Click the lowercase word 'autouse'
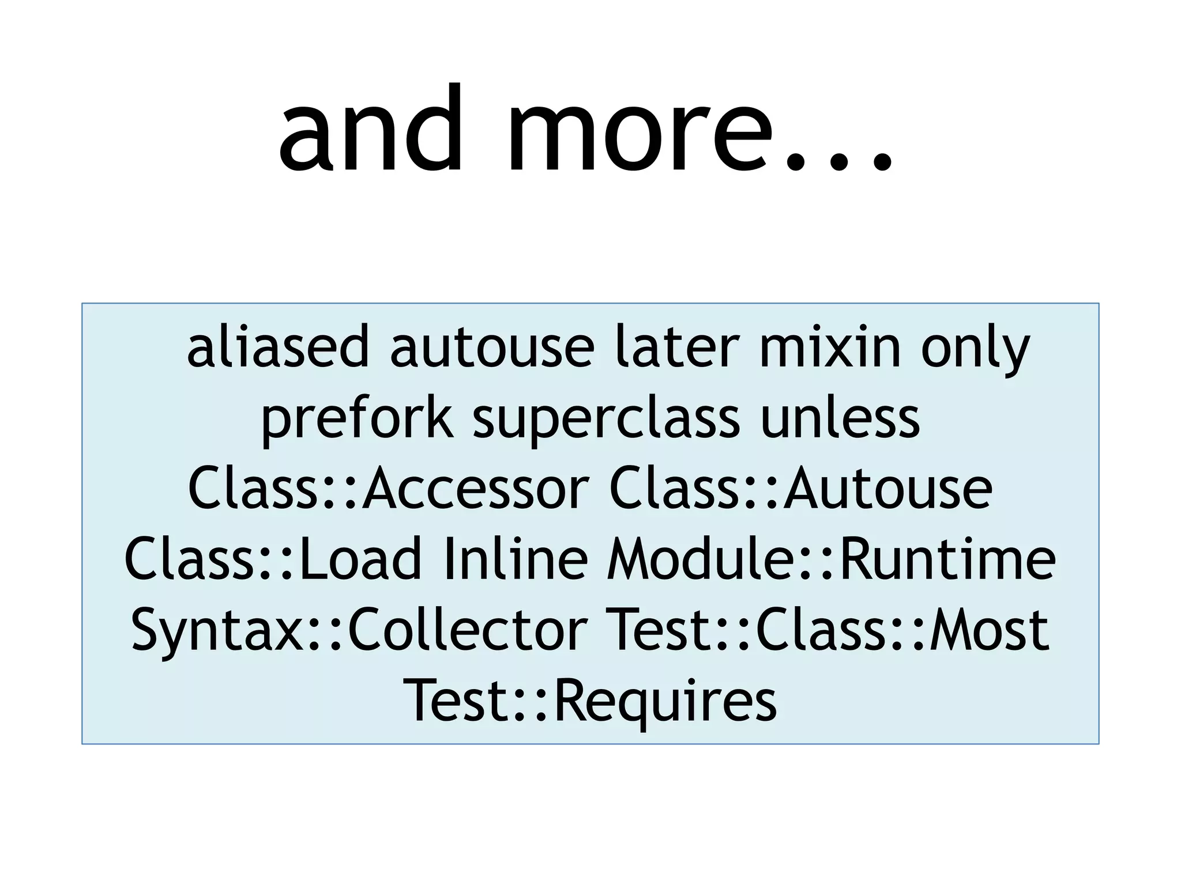pyautogui.click(x=492, y=347)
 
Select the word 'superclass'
pyautogui.click(x=606, y=419)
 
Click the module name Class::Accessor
pyautogui.click(x=389, y=489)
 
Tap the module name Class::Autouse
pyautogui.click(x=801, y=489)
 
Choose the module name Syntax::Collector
pyautogui.click(x=359, y=629)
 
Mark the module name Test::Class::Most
pyautogui.click(x=830, y=629)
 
